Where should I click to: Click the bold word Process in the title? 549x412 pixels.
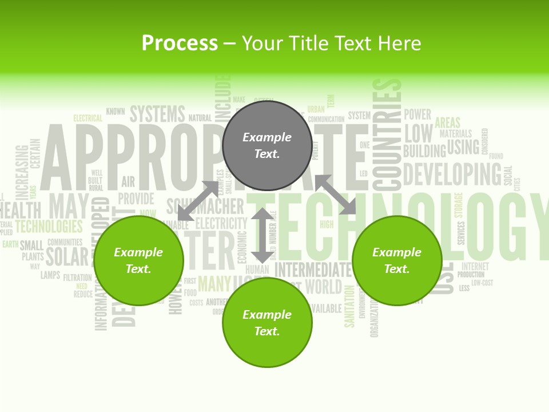180,43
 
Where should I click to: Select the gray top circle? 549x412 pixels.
267,145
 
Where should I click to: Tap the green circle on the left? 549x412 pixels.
138,260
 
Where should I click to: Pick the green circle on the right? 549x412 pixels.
397,260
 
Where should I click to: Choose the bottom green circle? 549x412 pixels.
267,323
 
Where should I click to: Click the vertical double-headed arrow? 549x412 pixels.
262,236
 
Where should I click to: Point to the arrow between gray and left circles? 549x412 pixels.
198,200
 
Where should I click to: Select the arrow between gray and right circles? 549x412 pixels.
336,195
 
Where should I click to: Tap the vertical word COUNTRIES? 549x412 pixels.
387,134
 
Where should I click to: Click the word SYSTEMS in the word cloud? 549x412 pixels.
157,114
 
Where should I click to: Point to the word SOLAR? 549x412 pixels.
67,257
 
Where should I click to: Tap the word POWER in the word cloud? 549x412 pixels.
417,114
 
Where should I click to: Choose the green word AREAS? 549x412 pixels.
447,122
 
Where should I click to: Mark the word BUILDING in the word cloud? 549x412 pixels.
424,151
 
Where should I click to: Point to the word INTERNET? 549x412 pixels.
475,266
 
